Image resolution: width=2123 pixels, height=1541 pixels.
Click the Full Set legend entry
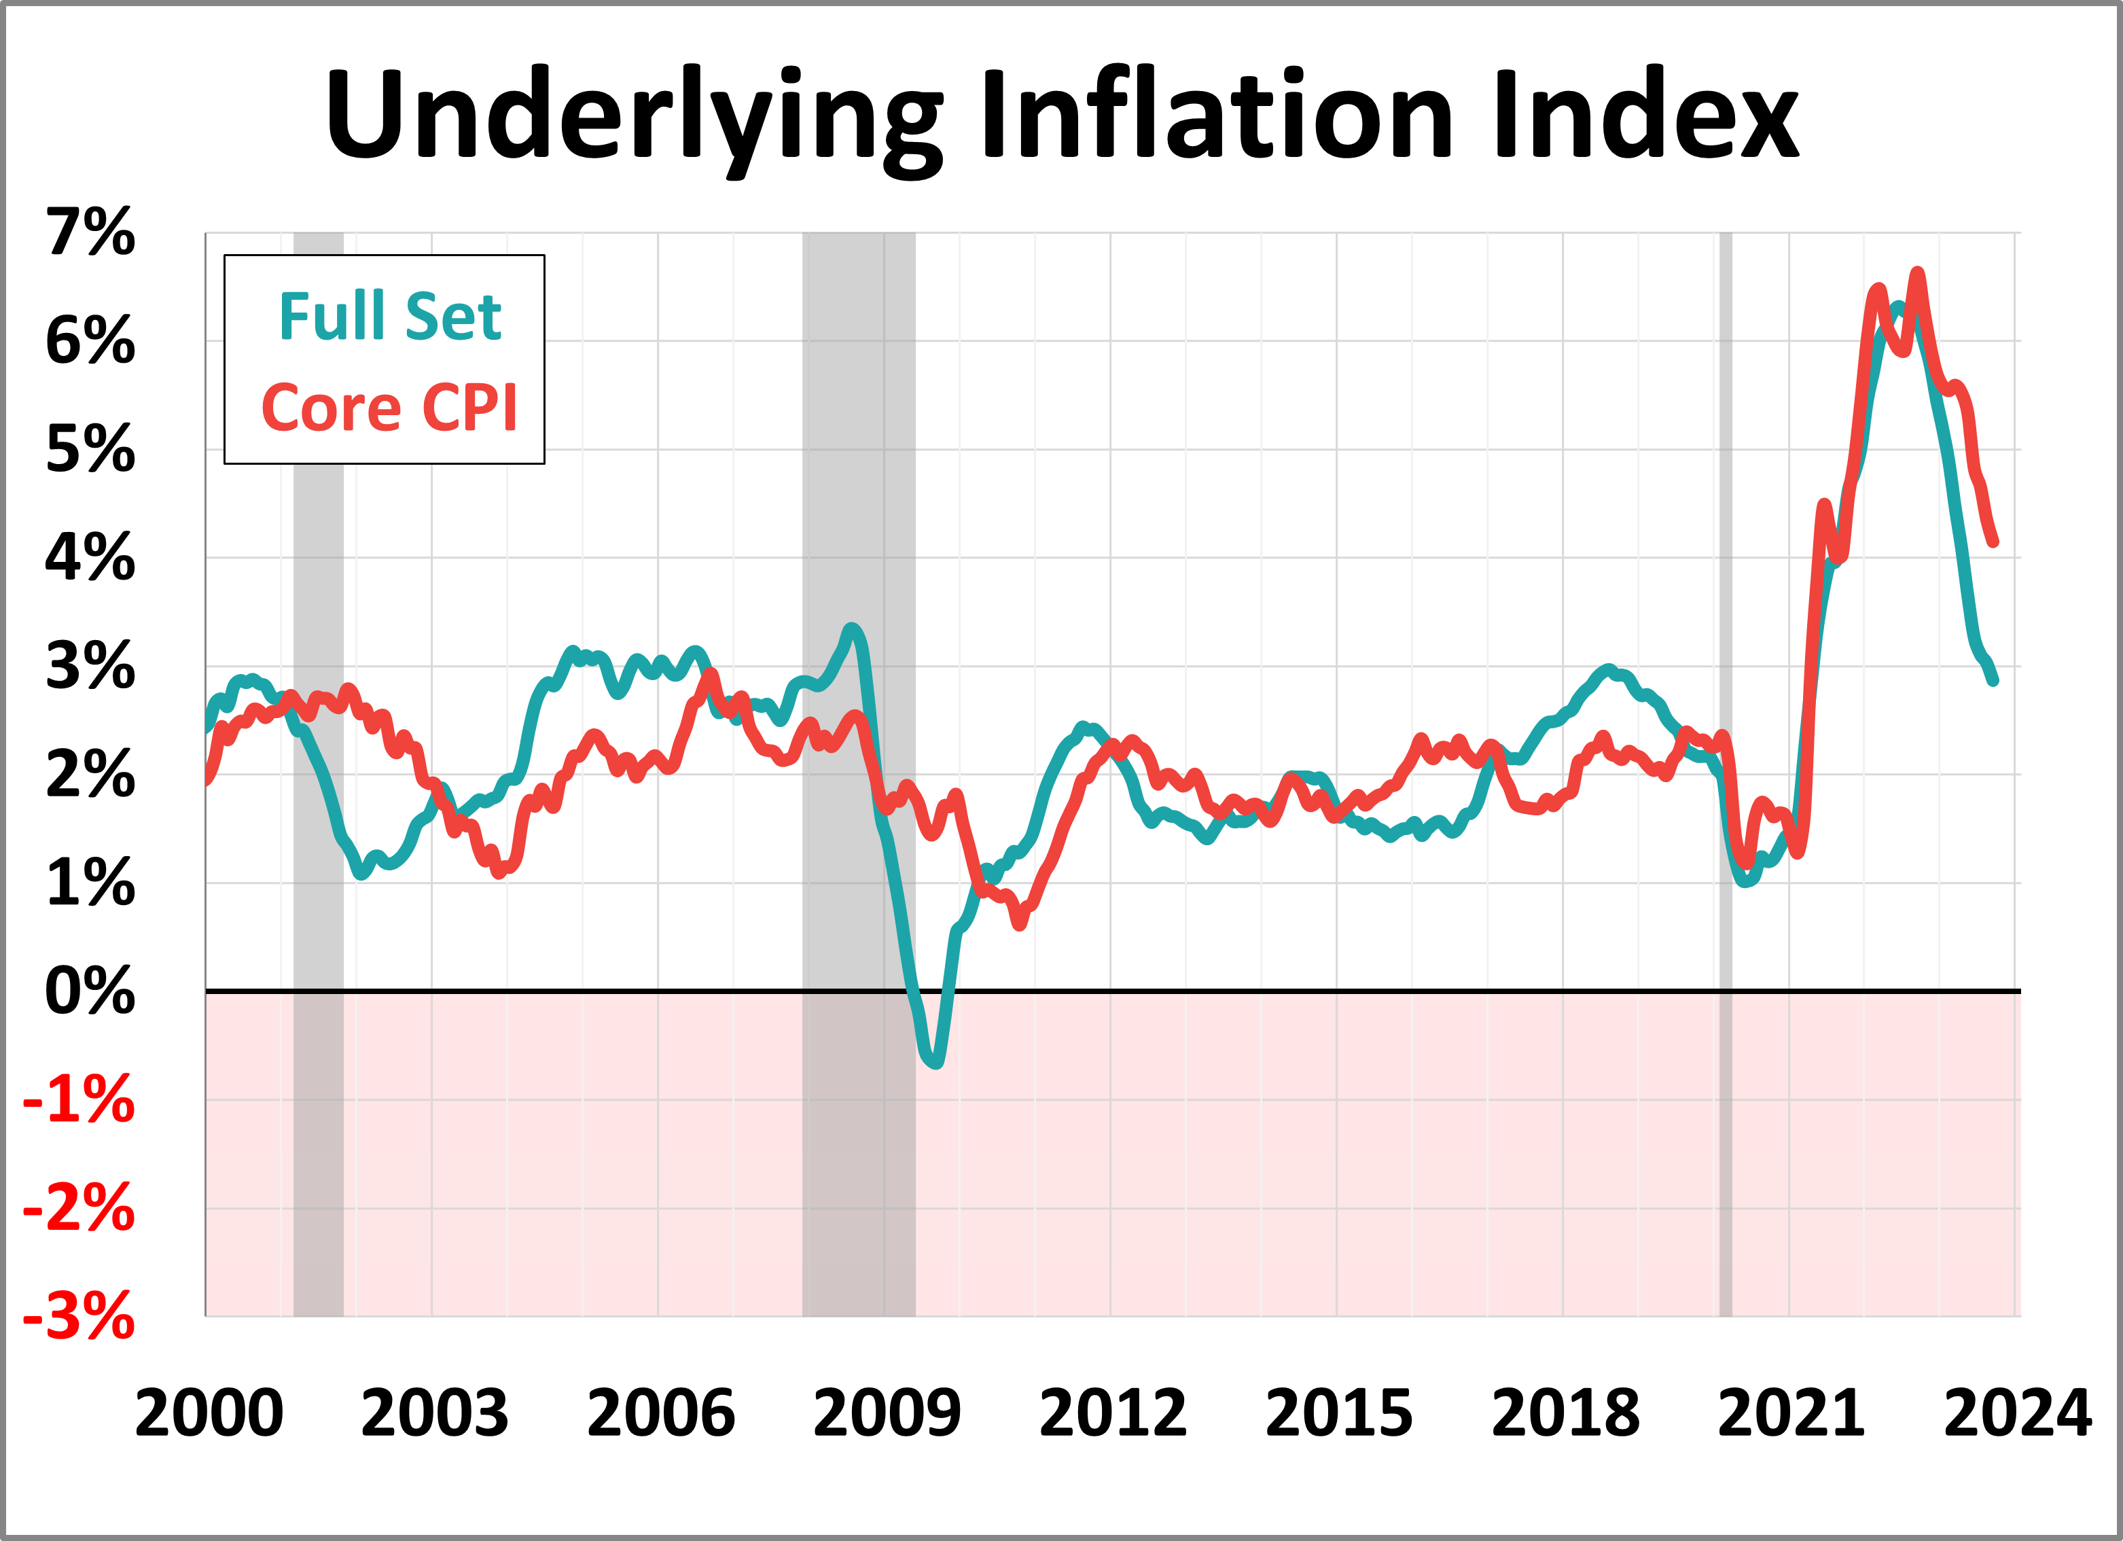[x=389, y=317]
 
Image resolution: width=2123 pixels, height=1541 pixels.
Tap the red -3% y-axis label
[x=79, y=1315]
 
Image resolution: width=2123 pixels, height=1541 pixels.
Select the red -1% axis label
[x=79, y=1099]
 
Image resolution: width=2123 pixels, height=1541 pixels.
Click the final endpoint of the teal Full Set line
[x=1995, y=681]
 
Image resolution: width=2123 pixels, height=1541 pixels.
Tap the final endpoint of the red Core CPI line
[x=1995, y=541]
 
